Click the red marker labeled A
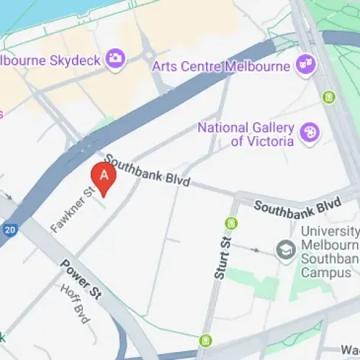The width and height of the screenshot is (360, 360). tap(104, 177)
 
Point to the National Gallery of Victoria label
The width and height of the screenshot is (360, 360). tap(246, 135)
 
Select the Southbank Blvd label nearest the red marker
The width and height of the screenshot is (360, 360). tap(148, 170)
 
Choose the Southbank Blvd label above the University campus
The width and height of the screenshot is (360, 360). tap(297, 206)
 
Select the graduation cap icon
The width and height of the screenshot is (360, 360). tap(286, 251)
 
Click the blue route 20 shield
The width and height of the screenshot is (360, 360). tap(9, 230)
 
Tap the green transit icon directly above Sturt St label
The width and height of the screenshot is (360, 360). tap(231, 223)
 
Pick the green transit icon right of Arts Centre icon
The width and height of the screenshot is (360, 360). tap(330, 96)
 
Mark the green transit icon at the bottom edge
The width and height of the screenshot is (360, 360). tap(207, 340)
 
